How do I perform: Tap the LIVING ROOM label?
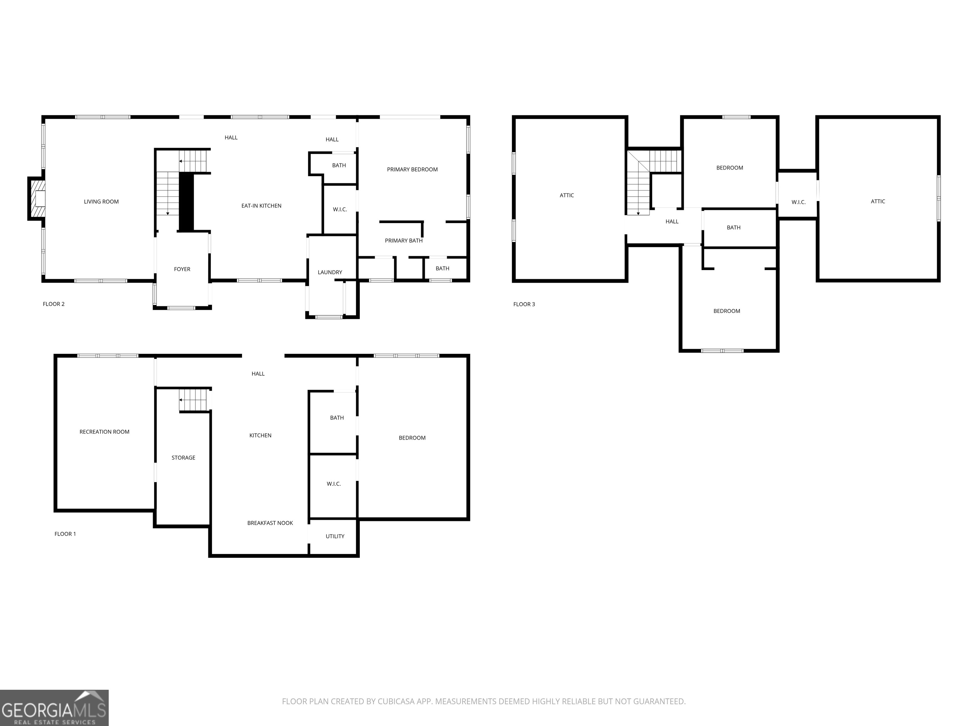click(101, 202)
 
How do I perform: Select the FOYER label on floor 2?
click(182, 269)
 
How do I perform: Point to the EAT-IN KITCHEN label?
click(261, 206)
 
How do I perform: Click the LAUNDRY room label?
click(330, 272)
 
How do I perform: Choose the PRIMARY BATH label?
click(403, 241)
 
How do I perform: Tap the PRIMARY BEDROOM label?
click(412, 169)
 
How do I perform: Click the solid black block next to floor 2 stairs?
click(187, 201)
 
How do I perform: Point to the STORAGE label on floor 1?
click(183, 458)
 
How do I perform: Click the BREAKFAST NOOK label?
click(270, 523)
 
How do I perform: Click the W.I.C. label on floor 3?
click(798, 202)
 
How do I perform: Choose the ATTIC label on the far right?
click(878, 201)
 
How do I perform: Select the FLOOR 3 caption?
click(524, 304)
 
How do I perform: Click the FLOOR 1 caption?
click(65, 534)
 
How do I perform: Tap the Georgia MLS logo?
click(54, 708)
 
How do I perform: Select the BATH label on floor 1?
click(337, 418)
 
